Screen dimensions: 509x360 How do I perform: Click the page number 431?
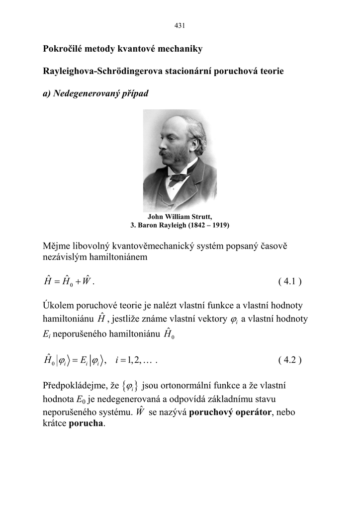[180, 25]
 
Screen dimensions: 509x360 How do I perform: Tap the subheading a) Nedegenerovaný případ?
[96, 93]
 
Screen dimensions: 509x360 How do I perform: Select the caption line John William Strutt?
[180, 217]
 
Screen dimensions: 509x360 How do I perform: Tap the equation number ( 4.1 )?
[290, 282]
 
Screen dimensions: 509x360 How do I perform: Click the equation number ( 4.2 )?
[290, 360]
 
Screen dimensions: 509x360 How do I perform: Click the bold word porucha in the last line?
[87, 424]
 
